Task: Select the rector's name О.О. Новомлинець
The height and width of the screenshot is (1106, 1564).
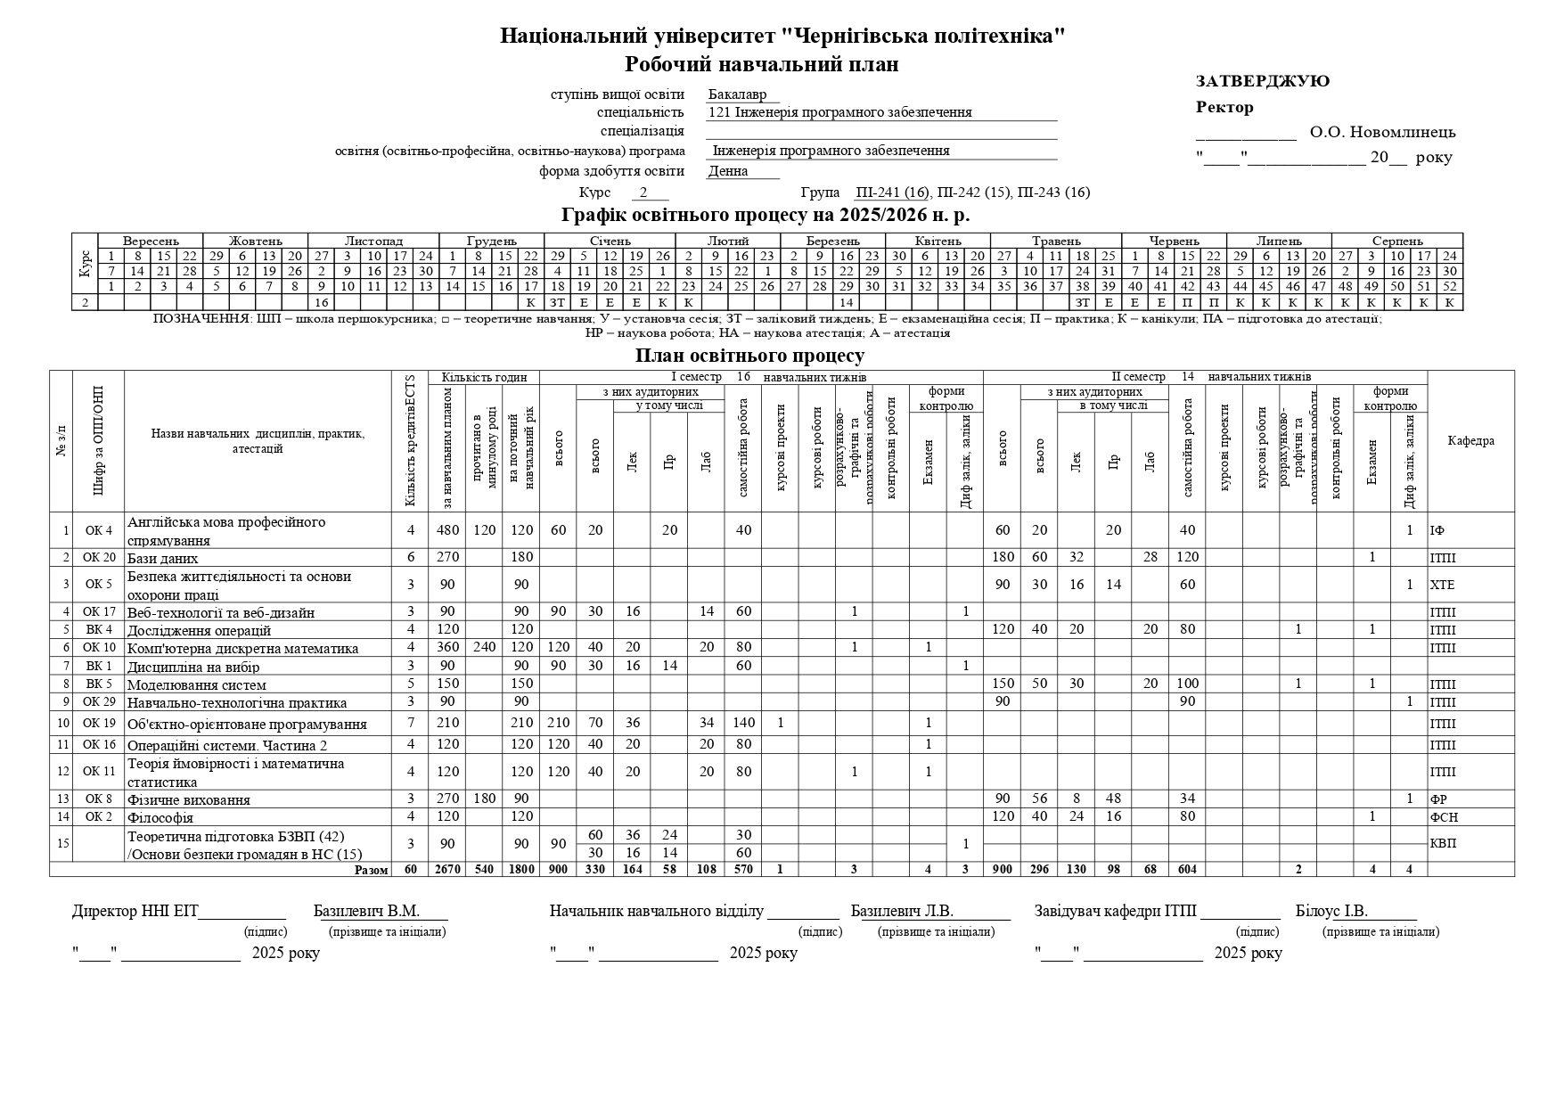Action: point(1382,133)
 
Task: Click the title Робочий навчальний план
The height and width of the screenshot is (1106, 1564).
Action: point(761,64)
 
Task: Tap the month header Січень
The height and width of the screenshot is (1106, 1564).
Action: point(610,241)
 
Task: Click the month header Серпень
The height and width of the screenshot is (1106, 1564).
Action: point(1396,241)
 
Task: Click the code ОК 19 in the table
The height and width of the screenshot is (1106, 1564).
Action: point(92,723)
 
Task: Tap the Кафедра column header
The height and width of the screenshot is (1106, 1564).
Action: point(1470,440)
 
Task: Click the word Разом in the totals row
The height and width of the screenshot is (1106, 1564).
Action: point(371,869)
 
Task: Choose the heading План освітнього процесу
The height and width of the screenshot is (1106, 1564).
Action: point(749,356)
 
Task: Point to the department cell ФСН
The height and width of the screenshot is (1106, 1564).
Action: point(1444,816)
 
